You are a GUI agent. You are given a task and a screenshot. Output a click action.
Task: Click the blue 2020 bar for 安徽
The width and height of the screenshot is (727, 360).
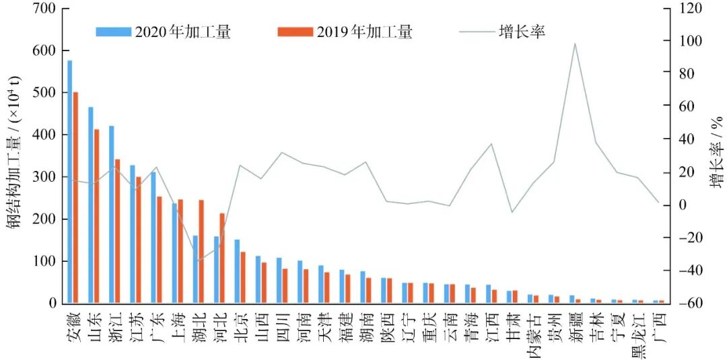[70, 182]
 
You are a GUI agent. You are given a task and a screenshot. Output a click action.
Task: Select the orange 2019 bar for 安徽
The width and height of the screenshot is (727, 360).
[75, 198]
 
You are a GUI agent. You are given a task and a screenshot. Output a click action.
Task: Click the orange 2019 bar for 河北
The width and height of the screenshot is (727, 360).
[222, 258]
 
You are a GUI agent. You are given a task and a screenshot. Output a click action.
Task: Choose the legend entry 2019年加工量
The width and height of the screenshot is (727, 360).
[345, 32]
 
